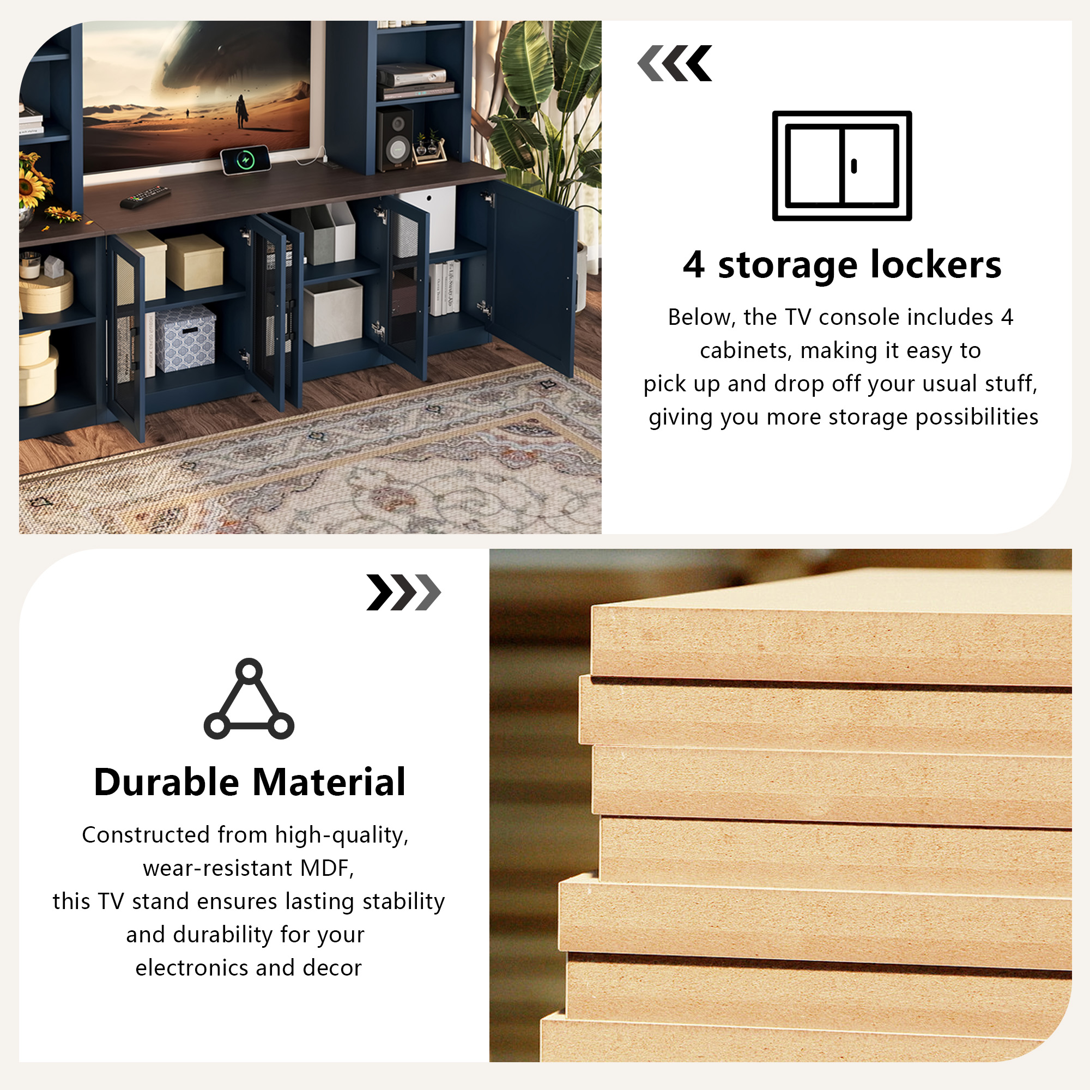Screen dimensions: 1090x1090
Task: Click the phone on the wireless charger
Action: [x=245, y=160]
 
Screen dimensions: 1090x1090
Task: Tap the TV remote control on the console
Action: [x=146, y=196]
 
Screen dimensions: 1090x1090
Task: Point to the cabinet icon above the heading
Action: [x=842, y=166]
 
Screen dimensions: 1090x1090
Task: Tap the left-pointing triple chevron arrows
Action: [x=675, y=63]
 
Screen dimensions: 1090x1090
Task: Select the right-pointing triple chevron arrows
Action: [x=403, y=592]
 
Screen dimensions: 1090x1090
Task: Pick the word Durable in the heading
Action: [x=166, y=782]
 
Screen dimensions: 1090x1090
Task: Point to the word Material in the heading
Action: [x=329, y=782]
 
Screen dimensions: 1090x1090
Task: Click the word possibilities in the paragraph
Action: [x=977, y=417]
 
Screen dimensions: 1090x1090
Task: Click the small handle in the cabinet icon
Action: [x=853, y=166]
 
